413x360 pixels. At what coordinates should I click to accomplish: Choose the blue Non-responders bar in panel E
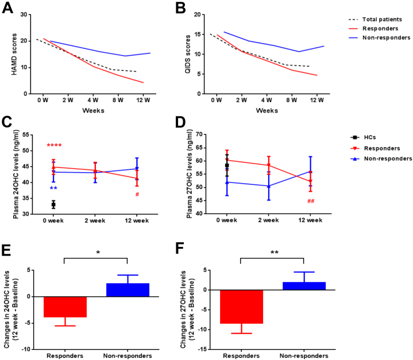128,289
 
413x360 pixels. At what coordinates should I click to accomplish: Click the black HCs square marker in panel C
53,204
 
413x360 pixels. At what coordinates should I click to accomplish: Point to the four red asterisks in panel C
54,146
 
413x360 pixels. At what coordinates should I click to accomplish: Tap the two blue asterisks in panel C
53,189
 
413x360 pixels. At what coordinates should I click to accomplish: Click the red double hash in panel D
311,202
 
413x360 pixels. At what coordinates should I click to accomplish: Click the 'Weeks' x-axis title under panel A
92,110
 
